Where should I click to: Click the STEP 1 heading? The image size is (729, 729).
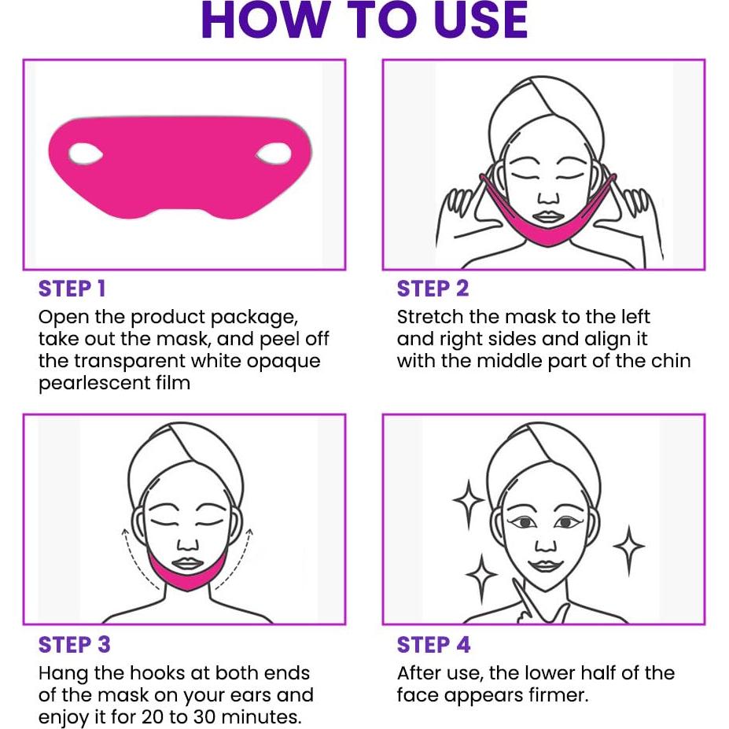[x=72, y=289]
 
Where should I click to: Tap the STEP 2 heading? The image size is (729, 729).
[x=433, y=289]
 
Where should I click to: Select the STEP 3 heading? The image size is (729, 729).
[x=74, y=645]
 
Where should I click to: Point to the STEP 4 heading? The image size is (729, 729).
[x=433, y=645]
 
